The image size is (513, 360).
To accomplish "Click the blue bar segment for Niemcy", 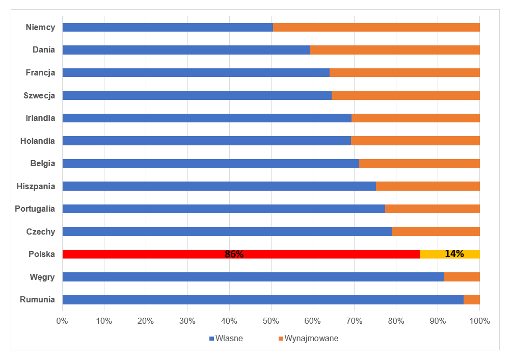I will coord(168,27).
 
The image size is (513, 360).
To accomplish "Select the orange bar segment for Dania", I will coord(395,50).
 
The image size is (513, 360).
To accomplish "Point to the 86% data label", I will coord(234,254).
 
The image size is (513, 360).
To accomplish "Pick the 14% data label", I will coord(454,253).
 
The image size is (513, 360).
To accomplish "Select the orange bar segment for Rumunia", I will coord(472,299).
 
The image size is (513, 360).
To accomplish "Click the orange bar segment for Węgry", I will coord(462,276).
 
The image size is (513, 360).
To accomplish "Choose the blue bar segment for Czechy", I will coord(227,232).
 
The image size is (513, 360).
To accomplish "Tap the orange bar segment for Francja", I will coord(404,72).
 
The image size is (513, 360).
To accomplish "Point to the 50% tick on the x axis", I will coord(271,321).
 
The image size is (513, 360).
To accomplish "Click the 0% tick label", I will coord(63,321).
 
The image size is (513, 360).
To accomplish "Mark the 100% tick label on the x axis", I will coord(479,321).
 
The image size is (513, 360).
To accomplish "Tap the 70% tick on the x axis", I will coord(355,321).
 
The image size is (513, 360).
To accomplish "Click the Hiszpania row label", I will coord(36,186).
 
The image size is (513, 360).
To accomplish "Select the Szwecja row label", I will coord(39,95).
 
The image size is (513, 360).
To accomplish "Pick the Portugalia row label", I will coord(35,209).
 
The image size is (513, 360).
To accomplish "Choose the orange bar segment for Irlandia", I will coord(416,118).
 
